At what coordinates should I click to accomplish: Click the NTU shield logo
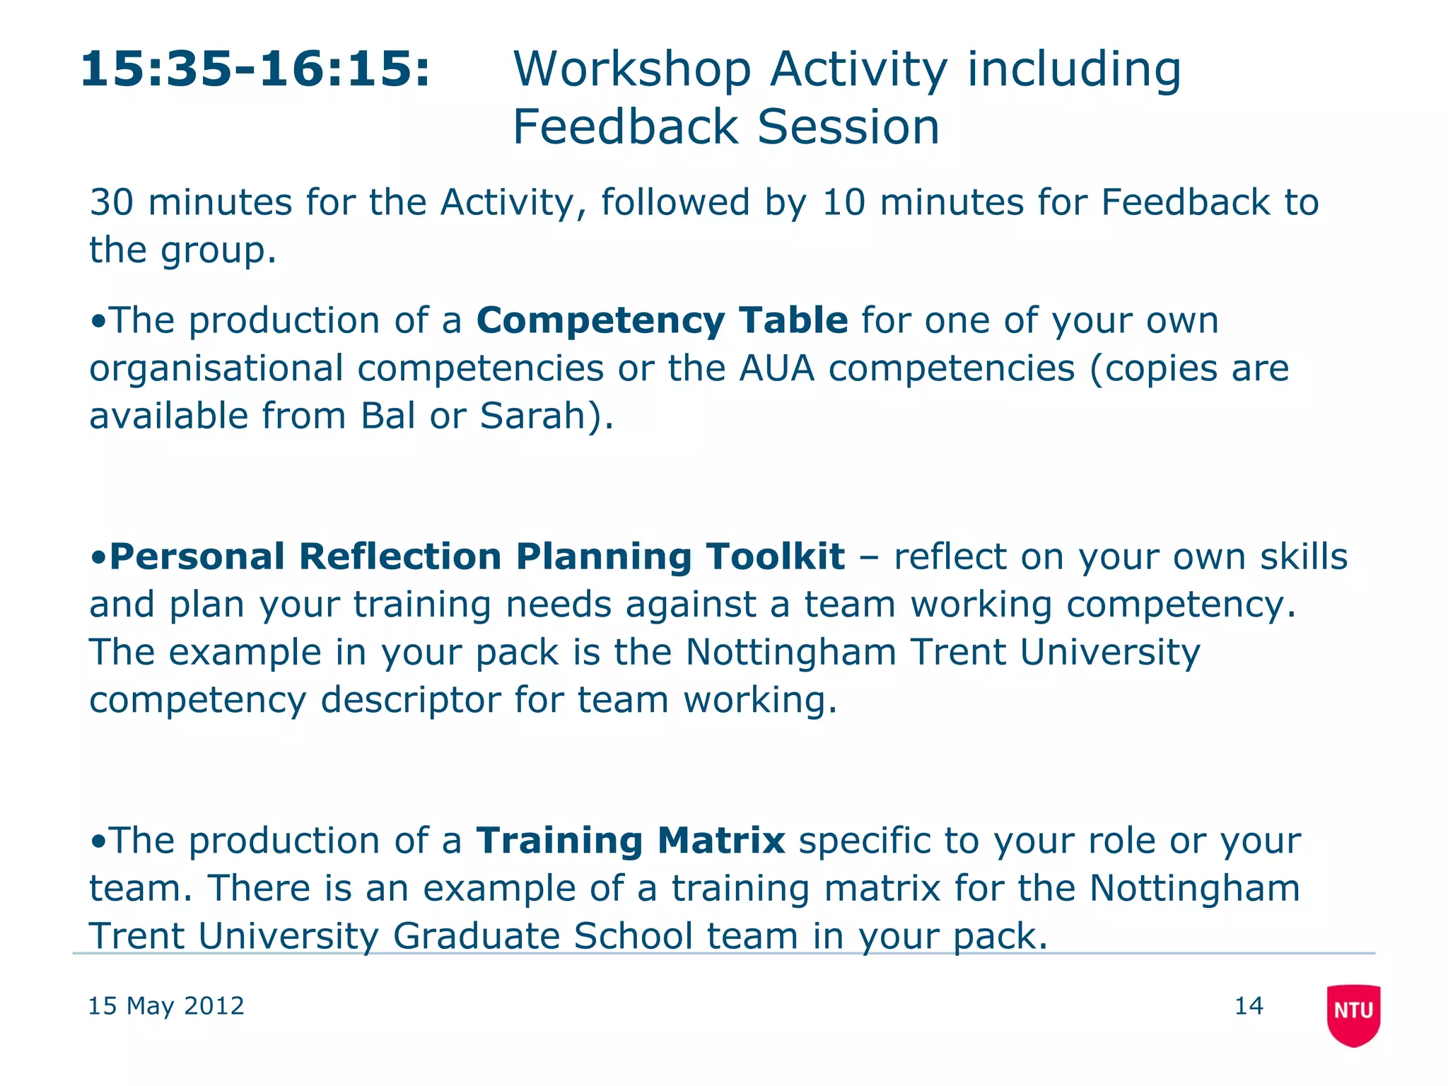(x=1353, y=1014)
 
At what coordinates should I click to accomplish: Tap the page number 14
(x=1249, y=1005)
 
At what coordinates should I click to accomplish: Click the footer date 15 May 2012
(x=165, y=1005)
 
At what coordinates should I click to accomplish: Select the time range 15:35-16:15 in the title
(x=255, y=69)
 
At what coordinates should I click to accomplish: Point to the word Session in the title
(x=848, y=127)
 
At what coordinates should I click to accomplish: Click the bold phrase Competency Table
(x=662, y=320)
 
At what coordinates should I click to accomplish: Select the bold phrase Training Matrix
(x=630, y=841)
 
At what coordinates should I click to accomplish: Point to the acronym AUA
(x=776, y=368)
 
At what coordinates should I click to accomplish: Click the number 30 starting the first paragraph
(x=111, y=203)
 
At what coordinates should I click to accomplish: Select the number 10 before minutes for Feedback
(x=843, y=203)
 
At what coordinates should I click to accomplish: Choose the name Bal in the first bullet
(x=387, y=416)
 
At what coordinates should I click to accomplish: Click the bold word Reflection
(x=400, y=556)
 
